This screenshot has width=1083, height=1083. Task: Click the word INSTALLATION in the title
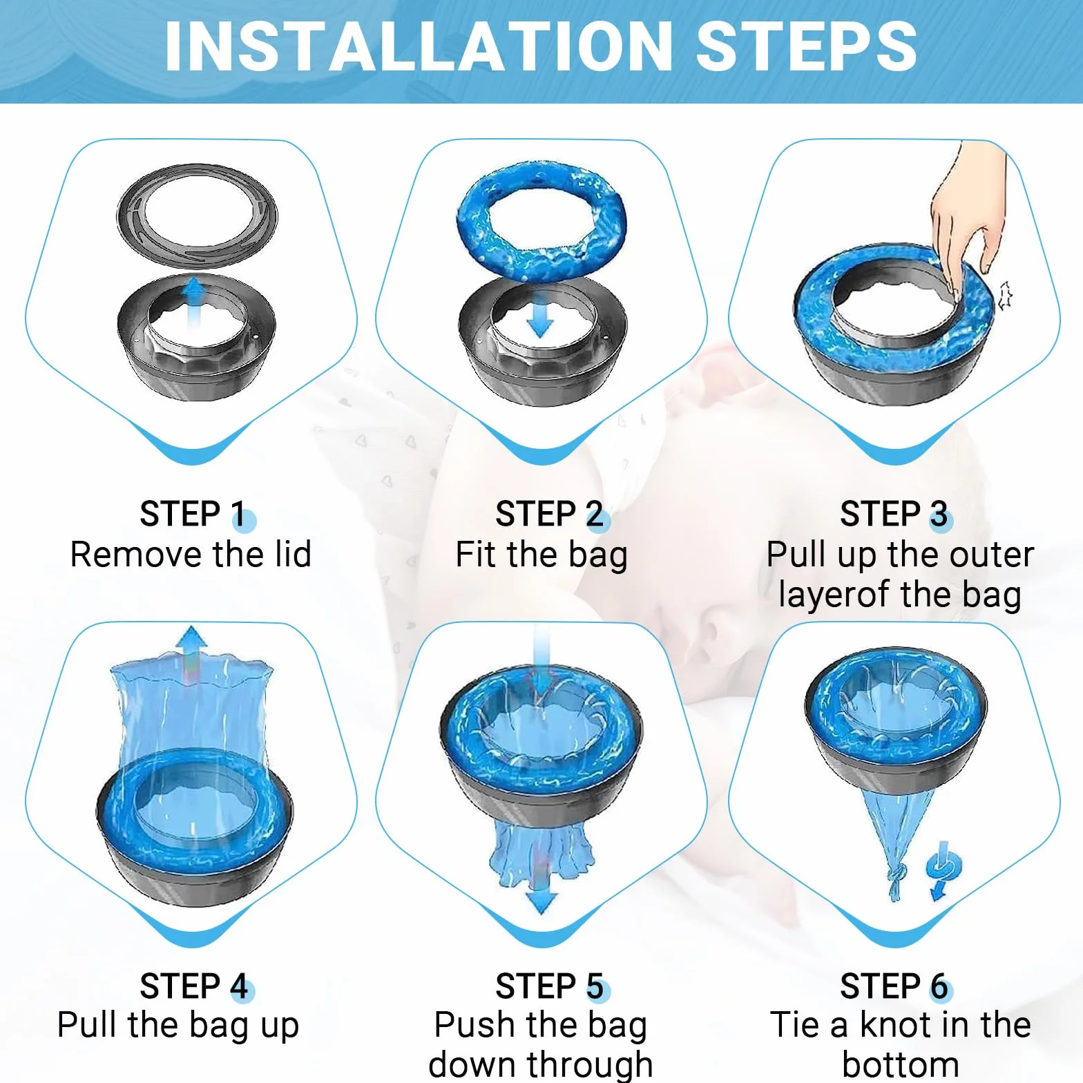[419, 46]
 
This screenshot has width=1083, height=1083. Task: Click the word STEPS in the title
[806, 46]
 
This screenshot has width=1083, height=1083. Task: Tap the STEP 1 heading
[193, 514]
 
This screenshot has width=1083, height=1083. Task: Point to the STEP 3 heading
[894, 514]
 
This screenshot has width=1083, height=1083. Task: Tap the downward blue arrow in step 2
[540, 314]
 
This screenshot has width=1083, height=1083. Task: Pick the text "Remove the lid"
[191, 554]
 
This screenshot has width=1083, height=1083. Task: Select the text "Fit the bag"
[541, 555]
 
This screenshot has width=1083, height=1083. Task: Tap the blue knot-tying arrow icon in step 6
[943, 870]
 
